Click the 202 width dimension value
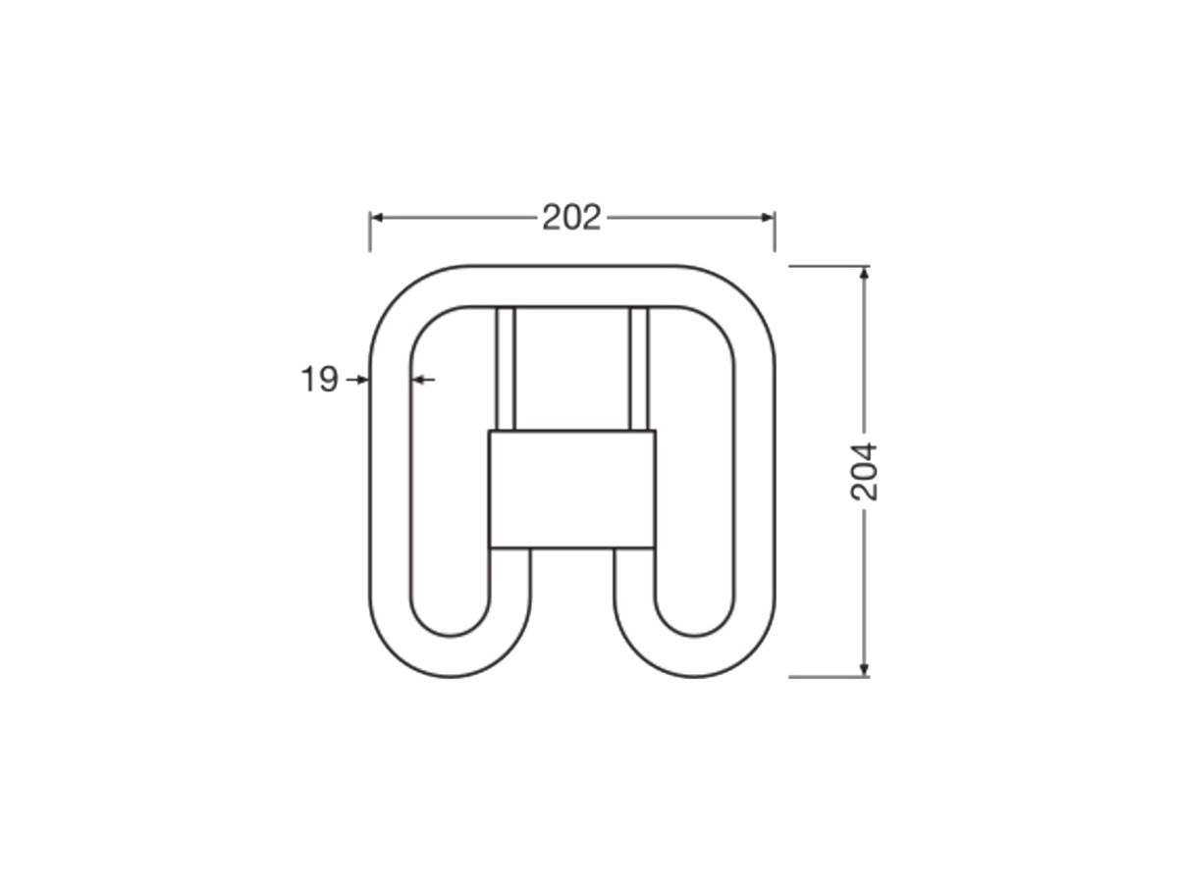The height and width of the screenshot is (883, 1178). [x=571, y=218]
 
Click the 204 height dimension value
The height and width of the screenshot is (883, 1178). [x=864, y=472]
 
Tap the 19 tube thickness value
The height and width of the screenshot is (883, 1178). [x=320, y=379]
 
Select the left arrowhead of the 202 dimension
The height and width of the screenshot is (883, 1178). [x=377, y=218]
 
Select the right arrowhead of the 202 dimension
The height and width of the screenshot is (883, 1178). [x=768, y=218]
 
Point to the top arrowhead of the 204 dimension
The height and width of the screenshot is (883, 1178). [x=864, y=273]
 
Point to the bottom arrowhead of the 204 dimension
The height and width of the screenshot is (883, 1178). [x=864, y=670]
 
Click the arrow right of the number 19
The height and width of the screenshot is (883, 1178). [x=357, y=380]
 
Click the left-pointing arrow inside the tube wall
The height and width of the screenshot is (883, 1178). [x=423, y=380]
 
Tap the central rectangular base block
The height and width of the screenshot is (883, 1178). [x=571, y=489]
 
